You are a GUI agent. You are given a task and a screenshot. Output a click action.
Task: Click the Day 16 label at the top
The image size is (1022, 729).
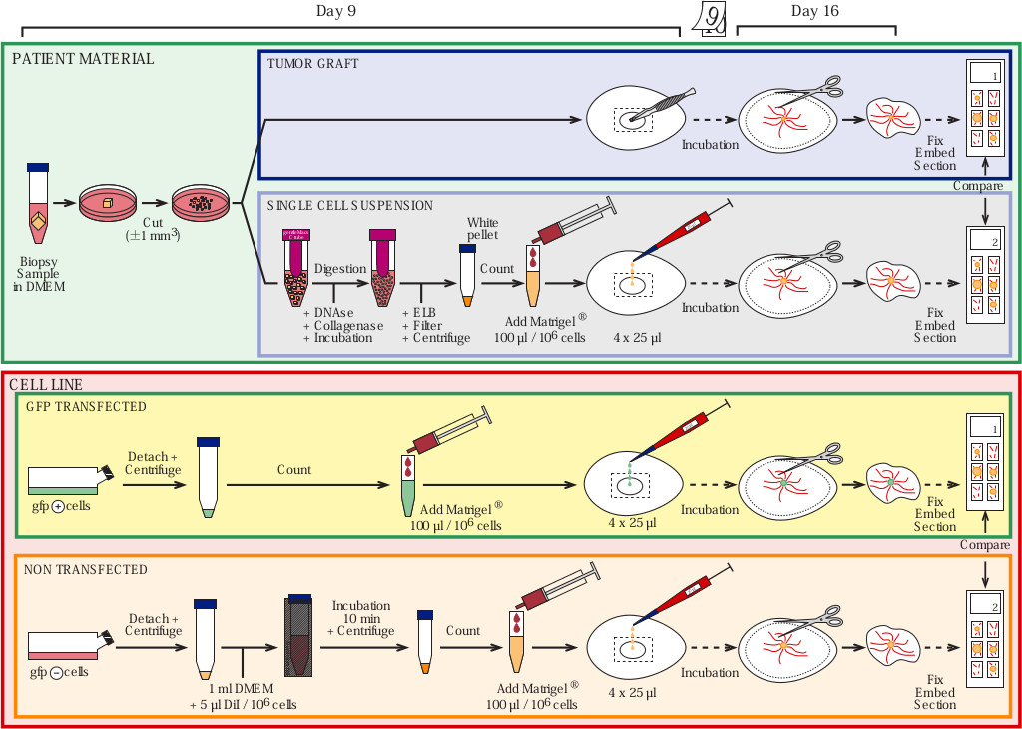pyautogui.click(x=815, y=11)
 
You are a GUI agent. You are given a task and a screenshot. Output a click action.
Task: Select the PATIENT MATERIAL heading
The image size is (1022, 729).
pyautogui.click(x=83, y=59)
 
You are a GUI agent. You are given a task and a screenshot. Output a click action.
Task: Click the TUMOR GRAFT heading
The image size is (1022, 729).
pyautogui.click(x=312, y=64)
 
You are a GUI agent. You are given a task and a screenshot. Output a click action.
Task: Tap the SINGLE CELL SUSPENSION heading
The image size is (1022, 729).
pyautogui.click(x=350, y=205)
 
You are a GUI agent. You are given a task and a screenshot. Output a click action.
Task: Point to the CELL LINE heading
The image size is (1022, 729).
pyautogui.click(x=46, y=384)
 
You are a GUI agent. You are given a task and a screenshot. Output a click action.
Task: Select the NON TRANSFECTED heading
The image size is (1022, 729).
pyautogui.click(x=85, y=570)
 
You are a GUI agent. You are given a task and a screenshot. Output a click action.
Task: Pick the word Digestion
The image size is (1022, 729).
pyautogui.click(x=339, y=269)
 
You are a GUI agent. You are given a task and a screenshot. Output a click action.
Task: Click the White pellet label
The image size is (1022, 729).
pyautogui.click(x=482, y=229)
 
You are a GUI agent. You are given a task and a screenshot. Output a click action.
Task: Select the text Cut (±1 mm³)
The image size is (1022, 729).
pyautogui.click(x=152, y=229)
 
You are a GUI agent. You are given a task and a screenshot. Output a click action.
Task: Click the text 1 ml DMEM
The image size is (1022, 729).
pyautogui.click(x=243, y=690)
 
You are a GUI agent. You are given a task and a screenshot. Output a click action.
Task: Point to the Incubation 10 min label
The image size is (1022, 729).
pyautogui.click(x=361, y=612)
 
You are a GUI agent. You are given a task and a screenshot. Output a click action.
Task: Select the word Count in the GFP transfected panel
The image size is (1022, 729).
pyautogui.click(x=293, y=469)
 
